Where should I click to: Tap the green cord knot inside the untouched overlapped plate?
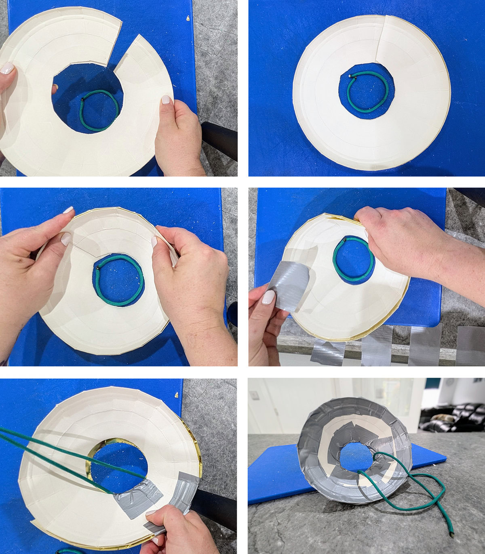coord(350,76)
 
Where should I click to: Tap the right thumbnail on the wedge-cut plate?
coord(166,99)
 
